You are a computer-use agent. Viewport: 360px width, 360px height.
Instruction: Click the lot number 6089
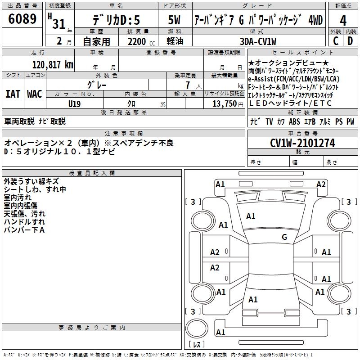pos(22,19)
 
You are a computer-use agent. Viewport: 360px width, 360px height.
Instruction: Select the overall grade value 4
pos(343,21)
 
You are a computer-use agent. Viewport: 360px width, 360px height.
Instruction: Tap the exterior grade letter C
pos(336,41)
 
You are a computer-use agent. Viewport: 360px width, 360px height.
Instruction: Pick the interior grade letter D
pos(350,41)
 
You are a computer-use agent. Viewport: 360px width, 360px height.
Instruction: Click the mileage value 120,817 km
pos(53,65)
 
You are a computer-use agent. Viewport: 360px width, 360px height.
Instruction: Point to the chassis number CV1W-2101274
pos(302,143)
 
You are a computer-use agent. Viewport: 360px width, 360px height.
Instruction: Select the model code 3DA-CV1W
pos(258,41)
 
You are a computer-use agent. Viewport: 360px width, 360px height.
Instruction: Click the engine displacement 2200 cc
pos(141,41)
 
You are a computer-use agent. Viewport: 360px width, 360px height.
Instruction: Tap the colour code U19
pos(74,104)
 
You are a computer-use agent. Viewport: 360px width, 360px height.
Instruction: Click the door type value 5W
pos(174,20)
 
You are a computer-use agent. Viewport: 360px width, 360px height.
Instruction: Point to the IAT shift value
pos(13,94)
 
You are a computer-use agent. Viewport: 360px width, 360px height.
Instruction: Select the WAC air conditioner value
pos(35,94)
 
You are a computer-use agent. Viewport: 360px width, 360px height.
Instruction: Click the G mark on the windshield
pos(284,237)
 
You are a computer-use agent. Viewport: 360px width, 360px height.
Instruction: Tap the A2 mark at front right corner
pos(321,184)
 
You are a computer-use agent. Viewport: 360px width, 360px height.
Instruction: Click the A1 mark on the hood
pos(251,216)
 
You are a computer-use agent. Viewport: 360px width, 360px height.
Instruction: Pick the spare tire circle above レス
pos(197,328)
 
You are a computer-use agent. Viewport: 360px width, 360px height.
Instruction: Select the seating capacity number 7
pos(188,85)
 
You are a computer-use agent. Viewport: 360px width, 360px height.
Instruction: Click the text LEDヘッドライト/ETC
pos(290,103)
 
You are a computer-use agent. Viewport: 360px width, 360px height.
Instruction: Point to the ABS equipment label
pos(294,121)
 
